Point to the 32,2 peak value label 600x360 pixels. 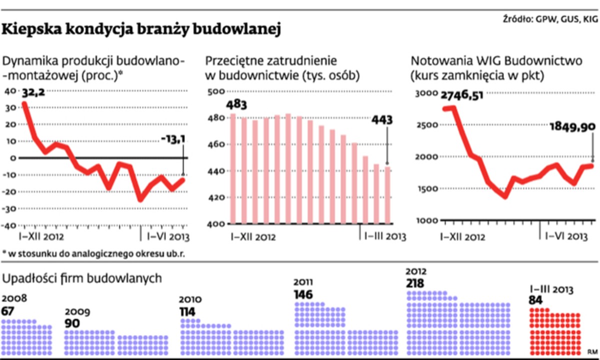[x=33, y=92]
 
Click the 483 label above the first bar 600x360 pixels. [x=232, y=106]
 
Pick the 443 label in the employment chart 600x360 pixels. [x=382, y=120]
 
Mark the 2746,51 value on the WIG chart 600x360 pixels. [x=462, y=95]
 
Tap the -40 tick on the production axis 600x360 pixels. [x=10, y=225]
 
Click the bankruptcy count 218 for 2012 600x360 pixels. [x=415, y=284]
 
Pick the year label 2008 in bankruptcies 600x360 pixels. [x=14, y=299]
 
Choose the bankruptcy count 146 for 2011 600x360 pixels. [x=303, y=294]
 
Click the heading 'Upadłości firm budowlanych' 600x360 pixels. [x=82, y=278]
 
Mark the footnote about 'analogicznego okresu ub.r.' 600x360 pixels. [x=93, y=253]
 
